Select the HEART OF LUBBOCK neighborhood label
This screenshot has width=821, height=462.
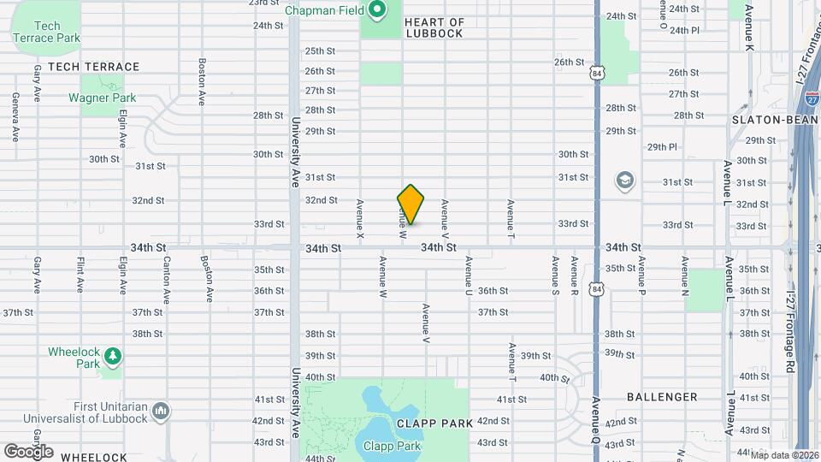434,27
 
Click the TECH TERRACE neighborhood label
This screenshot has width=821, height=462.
93,67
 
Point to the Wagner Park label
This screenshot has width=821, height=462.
102,98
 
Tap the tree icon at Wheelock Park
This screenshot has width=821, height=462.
112,355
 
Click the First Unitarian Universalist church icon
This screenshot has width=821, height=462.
160,412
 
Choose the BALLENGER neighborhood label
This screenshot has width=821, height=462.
662,397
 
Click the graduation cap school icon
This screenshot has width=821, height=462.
625,181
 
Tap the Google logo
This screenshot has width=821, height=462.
28,451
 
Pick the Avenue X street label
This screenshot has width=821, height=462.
361,218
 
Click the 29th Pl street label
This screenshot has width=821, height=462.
662,147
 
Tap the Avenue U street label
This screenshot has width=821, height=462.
469,276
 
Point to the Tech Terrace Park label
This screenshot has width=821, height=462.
48,32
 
